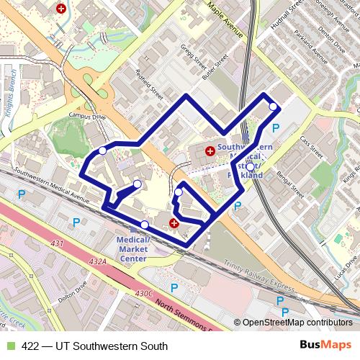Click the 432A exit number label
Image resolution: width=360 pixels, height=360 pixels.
99,262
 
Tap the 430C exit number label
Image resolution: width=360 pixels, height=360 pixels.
145,293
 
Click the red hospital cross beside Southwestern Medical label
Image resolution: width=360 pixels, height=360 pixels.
210,151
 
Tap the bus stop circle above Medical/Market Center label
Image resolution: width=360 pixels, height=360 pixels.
145,225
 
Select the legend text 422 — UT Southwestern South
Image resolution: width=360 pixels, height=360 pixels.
94,346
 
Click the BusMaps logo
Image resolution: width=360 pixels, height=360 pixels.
325,346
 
